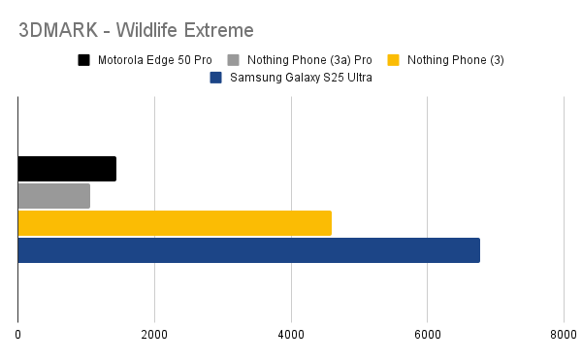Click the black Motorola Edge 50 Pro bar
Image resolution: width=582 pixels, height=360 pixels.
[x=67, y=169]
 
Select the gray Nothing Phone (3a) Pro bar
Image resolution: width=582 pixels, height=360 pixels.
[x=54, y=196]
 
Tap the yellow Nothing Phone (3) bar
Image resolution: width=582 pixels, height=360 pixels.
[x=175, y=223]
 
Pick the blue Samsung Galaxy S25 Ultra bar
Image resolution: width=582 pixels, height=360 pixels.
[x=248, y=250]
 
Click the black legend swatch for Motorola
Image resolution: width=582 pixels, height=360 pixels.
[x=85, y=61]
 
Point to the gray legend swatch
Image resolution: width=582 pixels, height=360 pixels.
[x=234, y=61]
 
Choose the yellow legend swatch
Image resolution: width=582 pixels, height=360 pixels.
[x=393, y=61]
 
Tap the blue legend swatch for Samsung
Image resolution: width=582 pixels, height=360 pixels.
[x=216, y=78]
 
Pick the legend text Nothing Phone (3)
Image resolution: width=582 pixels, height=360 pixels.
[x=455, y=61]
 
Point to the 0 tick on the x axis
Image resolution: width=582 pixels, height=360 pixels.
[x=18, y=335]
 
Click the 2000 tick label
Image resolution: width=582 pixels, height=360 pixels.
[x=154, y=335]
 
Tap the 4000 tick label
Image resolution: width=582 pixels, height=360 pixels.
[x=291, y=335]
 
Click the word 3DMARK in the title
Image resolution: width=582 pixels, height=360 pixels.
[x=57, y=30]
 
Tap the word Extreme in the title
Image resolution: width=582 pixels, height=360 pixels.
[x=217, y=30]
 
